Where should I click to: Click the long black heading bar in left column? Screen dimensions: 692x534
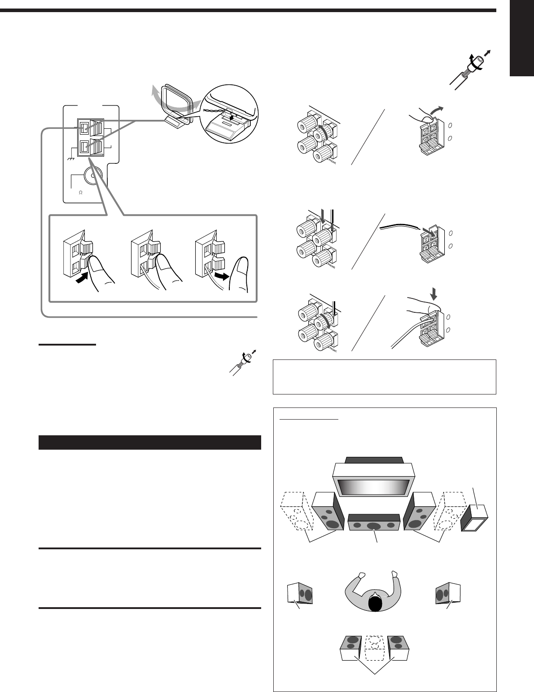150,442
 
